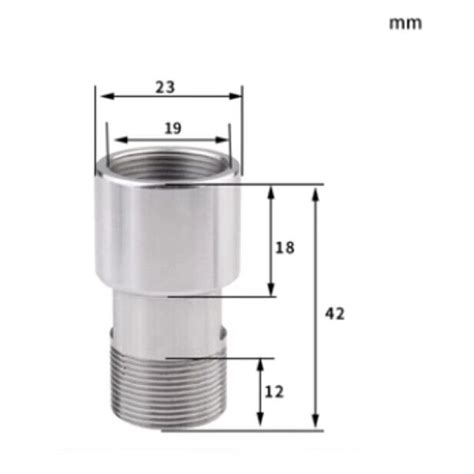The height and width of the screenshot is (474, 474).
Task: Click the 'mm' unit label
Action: [x=405, y=23]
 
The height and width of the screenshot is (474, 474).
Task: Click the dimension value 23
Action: [x=165, y=87]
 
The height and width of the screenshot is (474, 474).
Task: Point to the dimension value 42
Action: [x=335, y=314]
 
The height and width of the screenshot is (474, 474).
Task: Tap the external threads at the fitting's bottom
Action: [x=165, y=395]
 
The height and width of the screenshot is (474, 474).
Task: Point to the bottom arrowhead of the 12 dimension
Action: [x=262, y=424]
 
